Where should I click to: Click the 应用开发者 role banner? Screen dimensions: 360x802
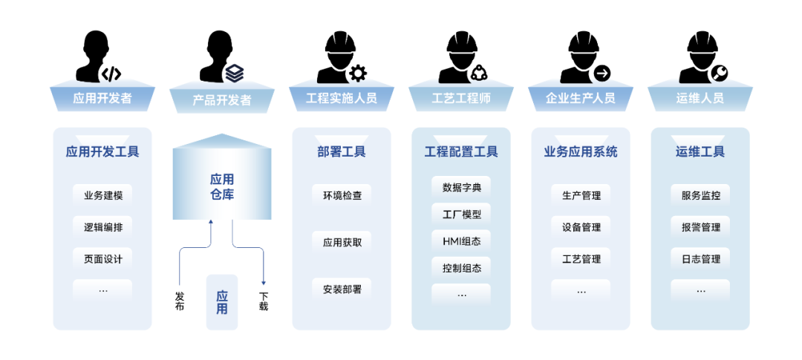point(102,97)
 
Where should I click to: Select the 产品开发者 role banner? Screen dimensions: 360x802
point(222,99)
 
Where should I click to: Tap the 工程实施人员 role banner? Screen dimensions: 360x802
point(342,97)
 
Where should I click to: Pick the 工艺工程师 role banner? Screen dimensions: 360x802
point(461,97)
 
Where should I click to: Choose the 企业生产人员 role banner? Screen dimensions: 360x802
point(581,97)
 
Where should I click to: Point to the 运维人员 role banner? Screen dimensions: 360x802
point(700,97)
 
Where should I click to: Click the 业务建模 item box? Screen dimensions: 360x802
point(102,195)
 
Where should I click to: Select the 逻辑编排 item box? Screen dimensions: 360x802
point(102,227)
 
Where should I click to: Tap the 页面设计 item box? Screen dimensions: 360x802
point(102,258)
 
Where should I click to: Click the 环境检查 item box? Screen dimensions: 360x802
point(342,195)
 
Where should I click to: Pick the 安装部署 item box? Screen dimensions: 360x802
point(342,289)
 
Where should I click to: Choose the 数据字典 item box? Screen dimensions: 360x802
point(461,187)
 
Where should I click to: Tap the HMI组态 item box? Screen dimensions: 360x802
point(461,240)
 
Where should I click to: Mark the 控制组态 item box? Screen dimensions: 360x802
point(461,267)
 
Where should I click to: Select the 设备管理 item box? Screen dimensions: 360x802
point(581,227)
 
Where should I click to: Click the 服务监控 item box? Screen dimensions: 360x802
point(700,195)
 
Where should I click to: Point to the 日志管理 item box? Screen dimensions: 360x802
point(700,258)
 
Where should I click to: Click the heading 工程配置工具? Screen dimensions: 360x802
point(461,152)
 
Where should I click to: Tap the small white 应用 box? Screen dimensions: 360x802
point(222,302)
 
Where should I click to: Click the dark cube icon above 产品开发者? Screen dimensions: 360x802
point(235,72)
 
